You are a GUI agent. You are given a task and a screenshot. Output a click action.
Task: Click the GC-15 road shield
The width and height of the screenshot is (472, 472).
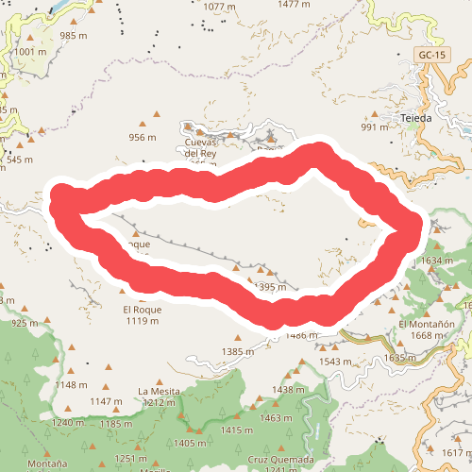430,56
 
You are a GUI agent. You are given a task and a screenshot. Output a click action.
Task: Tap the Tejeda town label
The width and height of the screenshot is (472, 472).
415,118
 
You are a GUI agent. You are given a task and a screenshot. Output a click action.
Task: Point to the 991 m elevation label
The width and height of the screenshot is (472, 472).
374,127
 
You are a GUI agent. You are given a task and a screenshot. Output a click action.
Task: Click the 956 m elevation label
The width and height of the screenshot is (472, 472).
142,137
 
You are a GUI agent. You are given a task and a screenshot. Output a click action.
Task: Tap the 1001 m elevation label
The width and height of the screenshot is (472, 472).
30,52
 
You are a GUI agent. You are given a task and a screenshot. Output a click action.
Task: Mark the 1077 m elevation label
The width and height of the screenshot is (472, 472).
218,7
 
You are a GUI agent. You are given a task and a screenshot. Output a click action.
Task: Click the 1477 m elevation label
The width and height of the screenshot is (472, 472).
295,5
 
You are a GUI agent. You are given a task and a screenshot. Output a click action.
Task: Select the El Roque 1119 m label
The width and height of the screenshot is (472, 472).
142,314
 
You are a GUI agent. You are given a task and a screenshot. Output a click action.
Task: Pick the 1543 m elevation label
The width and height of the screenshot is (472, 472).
335,362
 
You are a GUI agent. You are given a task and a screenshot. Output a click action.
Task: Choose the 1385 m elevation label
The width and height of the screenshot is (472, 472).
238,351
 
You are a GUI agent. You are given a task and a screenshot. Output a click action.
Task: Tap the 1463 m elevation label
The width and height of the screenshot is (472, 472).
277,417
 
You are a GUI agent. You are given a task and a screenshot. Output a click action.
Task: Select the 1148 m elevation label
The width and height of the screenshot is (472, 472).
71,384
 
